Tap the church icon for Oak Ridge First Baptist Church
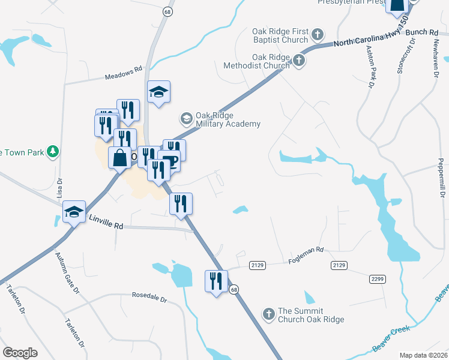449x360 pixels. pyautogui.click(x=318, y=34)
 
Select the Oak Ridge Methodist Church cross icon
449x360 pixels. pyautogui.click(x=298, y=61)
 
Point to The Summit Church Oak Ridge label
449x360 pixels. pyautogui.click(x=310, y=315)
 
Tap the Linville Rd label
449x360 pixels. pyautogui.click(x=106, y=223)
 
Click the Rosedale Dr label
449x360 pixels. pyautogui.click(x=149, y=298)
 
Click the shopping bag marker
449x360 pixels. pyautogui.click(x=119, y=158)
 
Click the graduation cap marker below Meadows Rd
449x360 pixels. pyautogui.click(x=158, y=92)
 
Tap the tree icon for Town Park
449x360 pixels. pyautogui.click(x=53, y=152)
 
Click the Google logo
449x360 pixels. pyautogui.click(x=20, y=352)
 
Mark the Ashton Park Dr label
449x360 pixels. pyautogui.click(x=367, y=67)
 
